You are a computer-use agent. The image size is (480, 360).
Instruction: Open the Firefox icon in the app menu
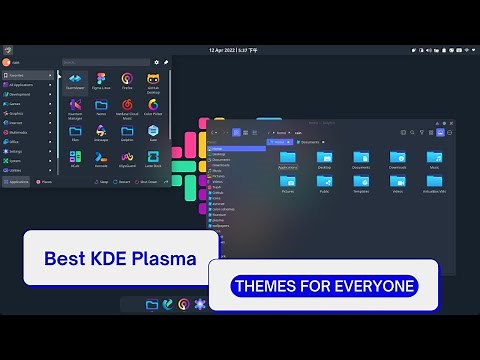pos(127,81)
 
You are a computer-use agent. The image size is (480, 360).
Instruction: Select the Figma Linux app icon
pos(101,81)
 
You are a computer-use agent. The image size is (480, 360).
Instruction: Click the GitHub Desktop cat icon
pos(154,81)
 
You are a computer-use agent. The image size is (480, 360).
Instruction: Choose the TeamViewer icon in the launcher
pos(75,81)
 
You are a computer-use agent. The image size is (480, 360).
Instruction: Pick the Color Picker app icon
pos(154,108)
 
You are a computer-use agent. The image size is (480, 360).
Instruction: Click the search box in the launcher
pos(105,62)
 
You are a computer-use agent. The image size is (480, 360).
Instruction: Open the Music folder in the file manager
pos(435,159)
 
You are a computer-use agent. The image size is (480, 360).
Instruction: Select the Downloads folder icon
pos(398,159)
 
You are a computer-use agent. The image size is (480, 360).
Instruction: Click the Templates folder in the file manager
pos(361,184)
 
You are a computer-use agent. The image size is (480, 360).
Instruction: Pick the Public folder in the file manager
pos(324,184)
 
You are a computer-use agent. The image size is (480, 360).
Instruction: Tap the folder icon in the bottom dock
pos(152,304)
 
